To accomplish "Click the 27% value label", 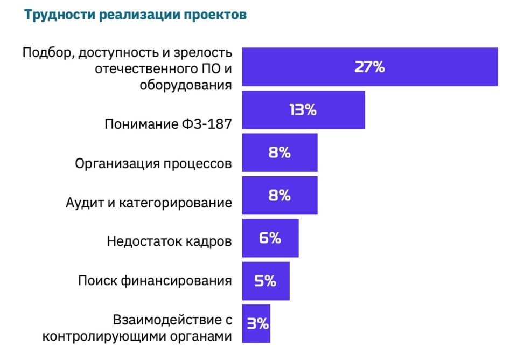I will pyautogui.click(x=369, y=67).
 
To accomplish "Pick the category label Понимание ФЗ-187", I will pyautogui.click(x=168, y=124).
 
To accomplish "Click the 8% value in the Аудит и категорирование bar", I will pyautogui.click(x=280, y=195).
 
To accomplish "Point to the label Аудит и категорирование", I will pyautogui.click(x=149, y=203).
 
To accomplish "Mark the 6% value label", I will pyautogui.click(x=270, y=238).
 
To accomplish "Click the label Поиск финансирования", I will pyautogui.click(x=155, y=280).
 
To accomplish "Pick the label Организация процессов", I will pyautogui.click(x=154, y=163).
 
